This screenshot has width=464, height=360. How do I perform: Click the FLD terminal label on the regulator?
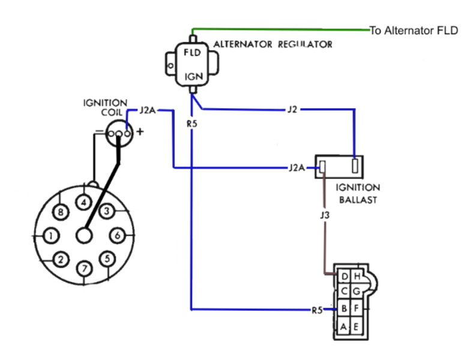click(192, 53)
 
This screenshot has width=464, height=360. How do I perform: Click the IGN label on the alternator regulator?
click(194, 77)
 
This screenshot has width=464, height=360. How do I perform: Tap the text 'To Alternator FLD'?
click(414, 31)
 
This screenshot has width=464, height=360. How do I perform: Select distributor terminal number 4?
click(84, 202)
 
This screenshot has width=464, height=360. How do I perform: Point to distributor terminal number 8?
click(61, 212)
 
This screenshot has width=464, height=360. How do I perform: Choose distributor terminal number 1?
click(51, 236)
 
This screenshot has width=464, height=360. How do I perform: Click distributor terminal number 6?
click(118, 235)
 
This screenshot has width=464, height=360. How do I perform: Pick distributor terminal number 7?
click(85, 268)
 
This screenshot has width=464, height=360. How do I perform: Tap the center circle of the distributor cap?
click(85, 236)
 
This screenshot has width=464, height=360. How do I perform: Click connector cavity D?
click(344, 277)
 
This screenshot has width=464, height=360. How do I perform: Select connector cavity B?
click(344, 308)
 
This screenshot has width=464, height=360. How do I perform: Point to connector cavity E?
click(356, 326)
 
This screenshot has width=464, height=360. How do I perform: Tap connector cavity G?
click(357, 292)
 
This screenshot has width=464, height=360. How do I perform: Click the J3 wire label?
click(325, 215)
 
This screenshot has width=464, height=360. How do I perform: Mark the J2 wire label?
click(292, 109)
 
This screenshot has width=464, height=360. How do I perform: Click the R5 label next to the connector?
click(317, 310)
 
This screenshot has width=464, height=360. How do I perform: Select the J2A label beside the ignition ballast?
click(297, 168)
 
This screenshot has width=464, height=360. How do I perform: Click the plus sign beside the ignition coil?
click(140, 131)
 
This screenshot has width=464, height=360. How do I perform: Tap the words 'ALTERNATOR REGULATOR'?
click(273, 44)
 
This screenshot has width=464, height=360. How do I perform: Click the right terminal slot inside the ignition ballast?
click(355, 166)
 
